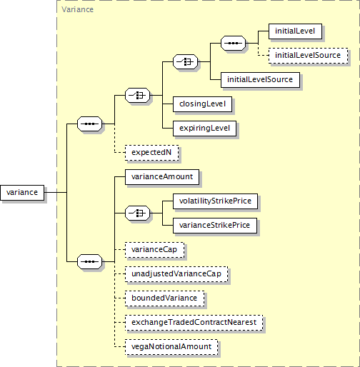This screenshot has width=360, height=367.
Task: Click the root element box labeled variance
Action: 22,193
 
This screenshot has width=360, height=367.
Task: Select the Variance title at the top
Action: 77,9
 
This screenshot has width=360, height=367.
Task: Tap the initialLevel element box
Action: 295,31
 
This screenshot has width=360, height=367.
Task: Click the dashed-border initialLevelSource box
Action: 308,56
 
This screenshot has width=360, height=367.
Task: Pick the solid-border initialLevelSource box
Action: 260,80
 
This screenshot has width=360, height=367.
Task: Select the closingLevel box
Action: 202,104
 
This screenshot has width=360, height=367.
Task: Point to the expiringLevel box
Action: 204,129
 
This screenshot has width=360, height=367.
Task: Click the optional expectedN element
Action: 151,153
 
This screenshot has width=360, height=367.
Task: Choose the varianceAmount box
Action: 162,177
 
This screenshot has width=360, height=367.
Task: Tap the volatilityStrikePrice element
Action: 215,201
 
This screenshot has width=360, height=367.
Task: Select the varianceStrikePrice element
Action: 215,226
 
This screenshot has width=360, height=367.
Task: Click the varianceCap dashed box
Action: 155,250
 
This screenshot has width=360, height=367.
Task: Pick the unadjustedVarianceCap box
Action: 176,274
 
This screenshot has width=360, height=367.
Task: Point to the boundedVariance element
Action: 165,298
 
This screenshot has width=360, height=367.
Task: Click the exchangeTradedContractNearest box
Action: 194,323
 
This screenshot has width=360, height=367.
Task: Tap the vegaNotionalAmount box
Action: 171,347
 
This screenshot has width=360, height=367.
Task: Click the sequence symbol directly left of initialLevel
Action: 233,43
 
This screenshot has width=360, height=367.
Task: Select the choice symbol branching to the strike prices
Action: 137,213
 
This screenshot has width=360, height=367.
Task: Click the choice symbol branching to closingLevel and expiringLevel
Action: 137,95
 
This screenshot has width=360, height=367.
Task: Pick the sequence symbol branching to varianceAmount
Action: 89,261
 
